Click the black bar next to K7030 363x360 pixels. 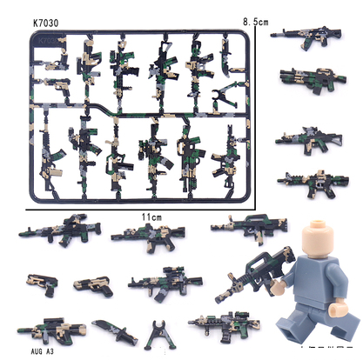97,21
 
